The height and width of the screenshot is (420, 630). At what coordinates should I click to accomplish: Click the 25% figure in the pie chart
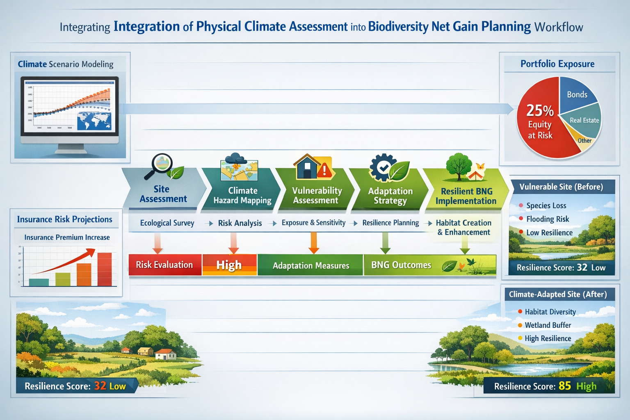coord(540,111)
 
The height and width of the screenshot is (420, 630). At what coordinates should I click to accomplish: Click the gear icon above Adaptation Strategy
coord(381,167)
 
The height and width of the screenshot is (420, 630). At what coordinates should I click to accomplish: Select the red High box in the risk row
coord(229,265)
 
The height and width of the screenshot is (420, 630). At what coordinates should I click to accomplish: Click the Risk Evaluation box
coord(164,265)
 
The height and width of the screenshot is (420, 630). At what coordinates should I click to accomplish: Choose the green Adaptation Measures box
coord(310,265)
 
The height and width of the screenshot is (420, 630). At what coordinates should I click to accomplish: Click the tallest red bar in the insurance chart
coord(104,269)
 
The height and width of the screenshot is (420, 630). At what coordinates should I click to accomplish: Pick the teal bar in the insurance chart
coord(39,282)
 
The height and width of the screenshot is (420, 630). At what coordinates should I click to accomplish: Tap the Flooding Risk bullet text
coord(547,219)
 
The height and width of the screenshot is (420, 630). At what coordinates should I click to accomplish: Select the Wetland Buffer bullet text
coord(548,325)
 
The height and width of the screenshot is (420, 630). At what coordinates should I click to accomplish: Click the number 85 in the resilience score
coord(564,386)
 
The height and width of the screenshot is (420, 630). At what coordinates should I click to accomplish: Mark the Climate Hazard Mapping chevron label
coord(242,196)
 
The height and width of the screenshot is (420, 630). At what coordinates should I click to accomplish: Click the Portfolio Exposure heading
coord(557,64)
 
